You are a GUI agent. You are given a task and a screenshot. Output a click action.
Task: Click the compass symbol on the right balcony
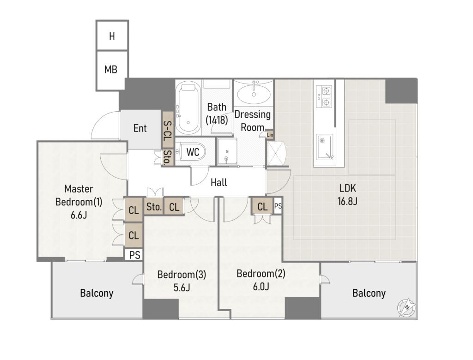click(x=406, y=307)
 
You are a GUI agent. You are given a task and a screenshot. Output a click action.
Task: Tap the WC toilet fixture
click(x=191, y=152)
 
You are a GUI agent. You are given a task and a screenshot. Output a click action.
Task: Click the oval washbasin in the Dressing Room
click(x=254, y=93)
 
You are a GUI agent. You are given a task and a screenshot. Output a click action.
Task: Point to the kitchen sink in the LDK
click(x=325, y=147)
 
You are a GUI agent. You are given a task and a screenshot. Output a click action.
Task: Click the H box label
click(x=112, y=36)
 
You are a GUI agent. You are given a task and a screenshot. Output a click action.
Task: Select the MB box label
click(x=111, y=70)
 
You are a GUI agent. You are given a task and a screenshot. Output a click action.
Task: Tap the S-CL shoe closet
click(x=167, y=130)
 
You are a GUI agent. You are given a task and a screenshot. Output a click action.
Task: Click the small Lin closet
click(x=270, y=135)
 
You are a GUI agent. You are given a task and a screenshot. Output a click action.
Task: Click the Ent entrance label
click(x=140, y=128)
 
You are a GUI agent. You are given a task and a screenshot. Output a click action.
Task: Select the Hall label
click(x=218, y=182)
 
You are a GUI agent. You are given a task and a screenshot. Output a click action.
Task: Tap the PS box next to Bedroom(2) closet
click(x=278, y=206)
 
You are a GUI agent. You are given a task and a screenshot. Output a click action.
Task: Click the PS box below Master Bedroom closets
click(x=134, y=255)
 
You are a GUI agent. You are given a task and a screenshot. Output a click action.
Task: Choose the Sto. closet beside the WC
click(x=167, y=157)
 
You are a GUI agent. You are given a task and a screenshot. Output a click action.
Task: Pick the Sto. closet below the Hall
click(x=154, y=206)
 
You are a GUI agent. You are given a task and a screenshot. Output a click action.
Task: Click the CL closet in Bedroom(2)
click(x=262, y=206)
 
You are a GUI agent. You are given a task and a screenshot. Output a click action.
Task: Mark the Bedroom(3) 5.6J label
click(x=182, y=281)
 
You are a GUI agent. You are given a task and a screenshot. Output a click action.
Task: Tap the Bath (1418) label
click(x=217, y=114)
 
